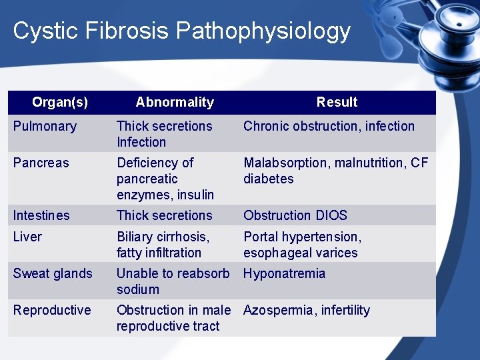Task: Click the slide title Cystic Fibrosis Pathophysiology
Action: point(181,31)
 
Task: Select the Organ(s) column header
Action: point(60,102)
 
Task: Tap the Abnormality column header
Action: point(175,102)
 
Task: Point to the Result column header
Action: point(337,102)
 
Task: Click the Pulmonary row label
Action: point(45,126)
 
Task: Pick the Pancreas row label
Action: point(41,163)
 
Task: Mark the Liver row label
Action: point(27,237)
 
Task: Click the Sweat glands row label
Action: point(53,273)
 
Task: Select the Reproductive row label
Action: point(52,310)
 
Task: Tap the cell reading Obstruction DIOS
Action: point(295,215)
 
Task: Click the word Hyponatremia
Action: point(285,273)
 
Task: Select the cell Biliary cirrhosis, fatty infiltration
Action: point(163,245)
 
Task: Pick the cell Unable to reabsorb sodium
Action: point(173,281)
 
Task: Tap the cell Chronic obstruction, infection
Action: point(329,126)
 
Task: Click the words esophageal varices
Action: point(301,253)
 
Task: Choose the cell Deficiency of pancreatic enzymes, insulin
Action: point(165,179)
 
